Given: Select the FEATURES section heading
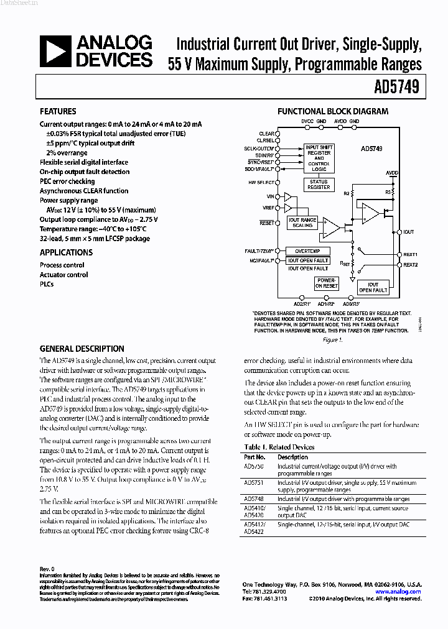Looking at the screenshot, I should pyautogui.click(x=58, y=112).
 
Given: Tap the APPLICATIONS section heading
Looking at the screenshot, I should pyautogui.click(x=66, y=252).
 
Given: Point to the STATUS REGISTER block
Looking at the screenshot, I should pyautogui.click(x=319, y=185).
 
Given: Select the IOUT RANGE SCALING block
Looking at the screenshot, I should pyautogui.click(x=303, y=223).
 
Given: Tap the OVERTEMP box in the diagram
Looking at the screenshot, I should pyautogui.click(x=307, y=250).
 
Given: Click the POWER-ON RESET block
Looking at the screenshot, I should pyautogui.click(x=326, y=283).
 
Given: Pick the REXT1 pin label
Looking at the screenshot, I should pyautogui.click(x=410, y=255).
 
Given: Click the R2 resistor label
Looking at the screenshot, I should pyautogui.click(x=347, y=194).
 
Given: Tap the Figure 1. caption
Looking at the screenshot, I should pyautogui.click(x=333, y=340).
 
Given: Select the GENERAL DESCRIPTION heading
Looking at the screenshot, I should pyautogui.click(x=82, y=349).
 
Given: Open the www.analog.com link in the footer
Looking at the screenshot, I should pyautogui.click(x=398, y=592).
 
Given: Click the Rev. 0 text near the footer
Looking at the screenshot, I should pyautogui.click(x=47, y=569).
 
